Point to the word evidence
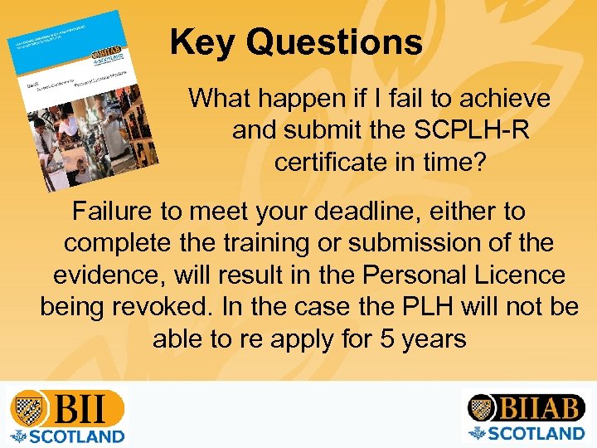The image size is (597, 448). tap(108, 275)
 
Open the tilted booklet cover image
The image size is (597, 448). tap(80, 100)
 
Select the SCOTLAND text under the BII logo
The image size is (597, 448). tap(75, 436)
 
